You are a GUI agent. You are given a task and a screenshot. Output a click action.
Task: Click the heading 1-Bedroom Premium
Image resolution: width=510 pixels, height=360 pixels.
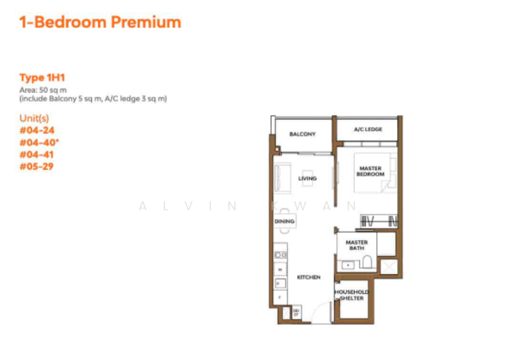[x=100, y=22]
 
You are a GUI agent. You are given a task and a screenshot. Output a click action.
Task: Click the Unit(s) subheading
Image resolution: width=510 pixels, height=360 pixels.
[x=34, y=118]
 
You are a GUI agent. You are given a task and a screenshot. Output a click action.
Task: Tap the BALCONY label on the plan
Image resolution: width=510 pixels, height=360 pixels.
[x=302, y=134]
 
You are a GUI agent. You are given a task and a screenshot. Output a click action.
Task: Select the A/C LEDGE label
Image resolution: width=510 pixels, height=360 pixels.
[x=368, y=129]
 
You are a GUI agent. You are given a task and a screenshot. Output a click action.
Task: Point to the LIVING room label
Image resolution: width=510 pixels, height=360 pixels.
[x=307, y=178]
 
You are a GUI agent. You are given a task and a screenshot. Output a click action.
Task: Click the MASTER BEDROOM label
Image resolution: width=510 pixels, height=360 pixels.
[x=370, y=171]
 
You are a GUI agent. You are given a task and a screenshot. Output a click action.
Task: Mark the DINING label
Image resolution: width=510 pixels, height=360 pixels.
[x=284, y=222]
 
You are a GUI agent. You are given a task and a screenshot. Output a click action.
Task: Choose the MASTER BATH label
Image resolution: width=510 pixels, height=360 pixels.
[x=356, y=245]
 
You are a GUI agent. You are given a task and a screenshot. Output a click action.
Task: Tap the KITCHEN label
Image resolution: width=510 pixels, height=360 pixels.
[x=309, y=277]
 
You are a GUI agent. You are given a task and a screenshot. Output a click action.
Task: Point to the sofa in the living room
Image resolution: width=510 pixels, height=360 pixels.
[x=281, y=177]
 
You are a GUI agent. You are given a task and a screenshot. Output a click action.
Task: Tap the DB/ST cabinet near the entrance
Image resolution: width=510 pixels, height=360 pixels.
[x=296, y=312]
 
